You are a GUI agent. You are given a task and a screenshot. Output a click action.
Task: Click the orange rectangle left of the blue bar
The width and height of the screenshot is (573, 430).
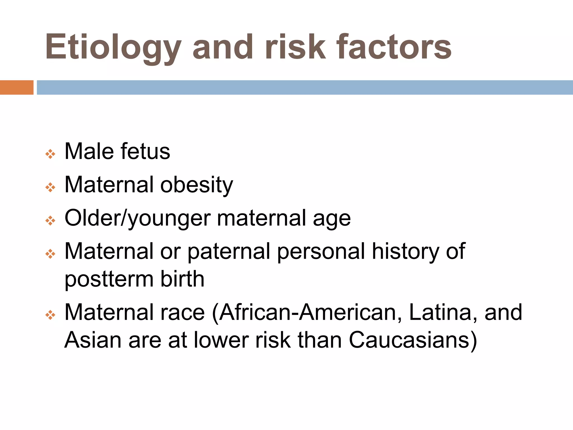tap(17, 87)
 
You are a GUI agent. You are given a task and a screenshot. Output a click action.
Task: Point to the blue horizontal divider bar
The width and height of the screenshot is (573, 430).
tap(305, 87)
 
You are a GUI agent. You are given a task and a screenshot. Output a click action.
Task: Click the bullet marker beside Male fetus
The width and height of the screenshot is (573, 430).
tap(50, 154)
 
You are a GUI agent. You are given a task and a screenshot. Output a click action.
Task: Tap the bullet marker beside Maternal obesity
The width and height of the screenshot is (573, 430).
tap(50, 187)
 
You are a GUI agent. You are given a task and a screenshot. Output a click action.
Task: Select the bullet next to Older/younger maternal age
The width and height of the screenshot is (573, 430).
tap(50, 220)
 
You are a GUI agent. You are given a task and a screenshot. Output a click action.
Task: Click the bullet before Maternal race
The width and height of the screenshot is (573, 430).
tap(50, 315)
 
